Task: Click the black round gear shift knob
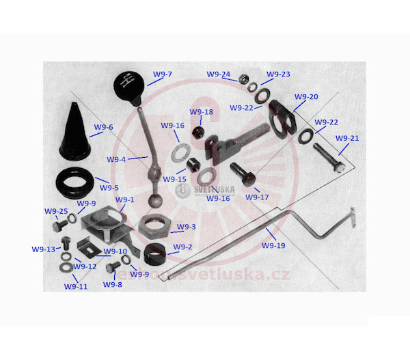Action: pyautogui.click(x=128, y=88)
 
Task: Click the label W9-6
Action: pyautogui.click(x=104, y=127)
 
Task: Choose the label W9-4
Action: pyautogui.click(x=116, y=159)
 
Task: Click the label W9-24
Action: pyautogui.click(x=218, y=74)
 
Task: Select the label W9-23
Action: pyautogui.click(x=278, y=74)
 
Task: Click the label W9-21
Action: pyautogui.click(x=347, y=139)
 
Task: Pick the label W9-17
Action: pyautogui.click(x=257, y=197)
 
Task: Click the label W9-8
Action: pyautogui.click(x=113, y=284)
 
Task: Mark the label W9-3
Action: pyautogui.click(x=187, y=227)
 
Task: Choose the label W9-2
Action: pyautogui.click(x=182, y=247)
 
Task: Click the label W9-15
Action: pyautogui.click(x=176, y=179)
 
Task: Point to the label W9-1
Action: pyautogui.click(x=125, y=200)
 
